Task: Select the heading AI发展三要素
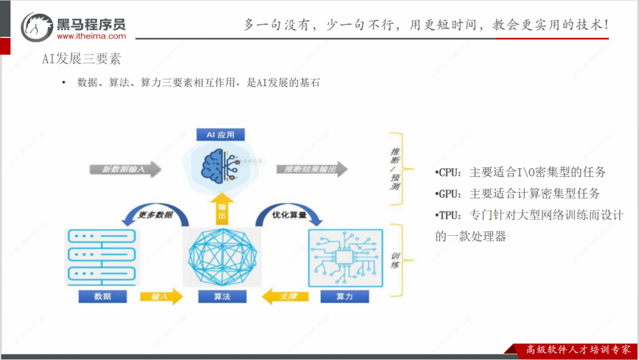pos(81,59)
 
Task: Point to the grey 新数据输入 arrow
pos(125,169)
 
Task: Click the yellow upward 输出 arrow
pos(222,210)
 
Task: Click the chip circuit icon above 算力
pos(344,256)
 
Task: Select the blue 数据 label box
pos(102,296)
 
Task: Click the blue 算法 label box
pos(222,296)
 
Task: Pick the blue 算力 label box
pos(344,296)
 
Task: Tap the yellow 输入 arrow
pos(161,297)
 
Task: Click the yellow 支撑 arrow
pos(284,297)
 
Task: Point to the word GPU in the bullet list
pos(449,193)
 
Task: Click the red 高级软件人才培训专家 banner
pos(577,350)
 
